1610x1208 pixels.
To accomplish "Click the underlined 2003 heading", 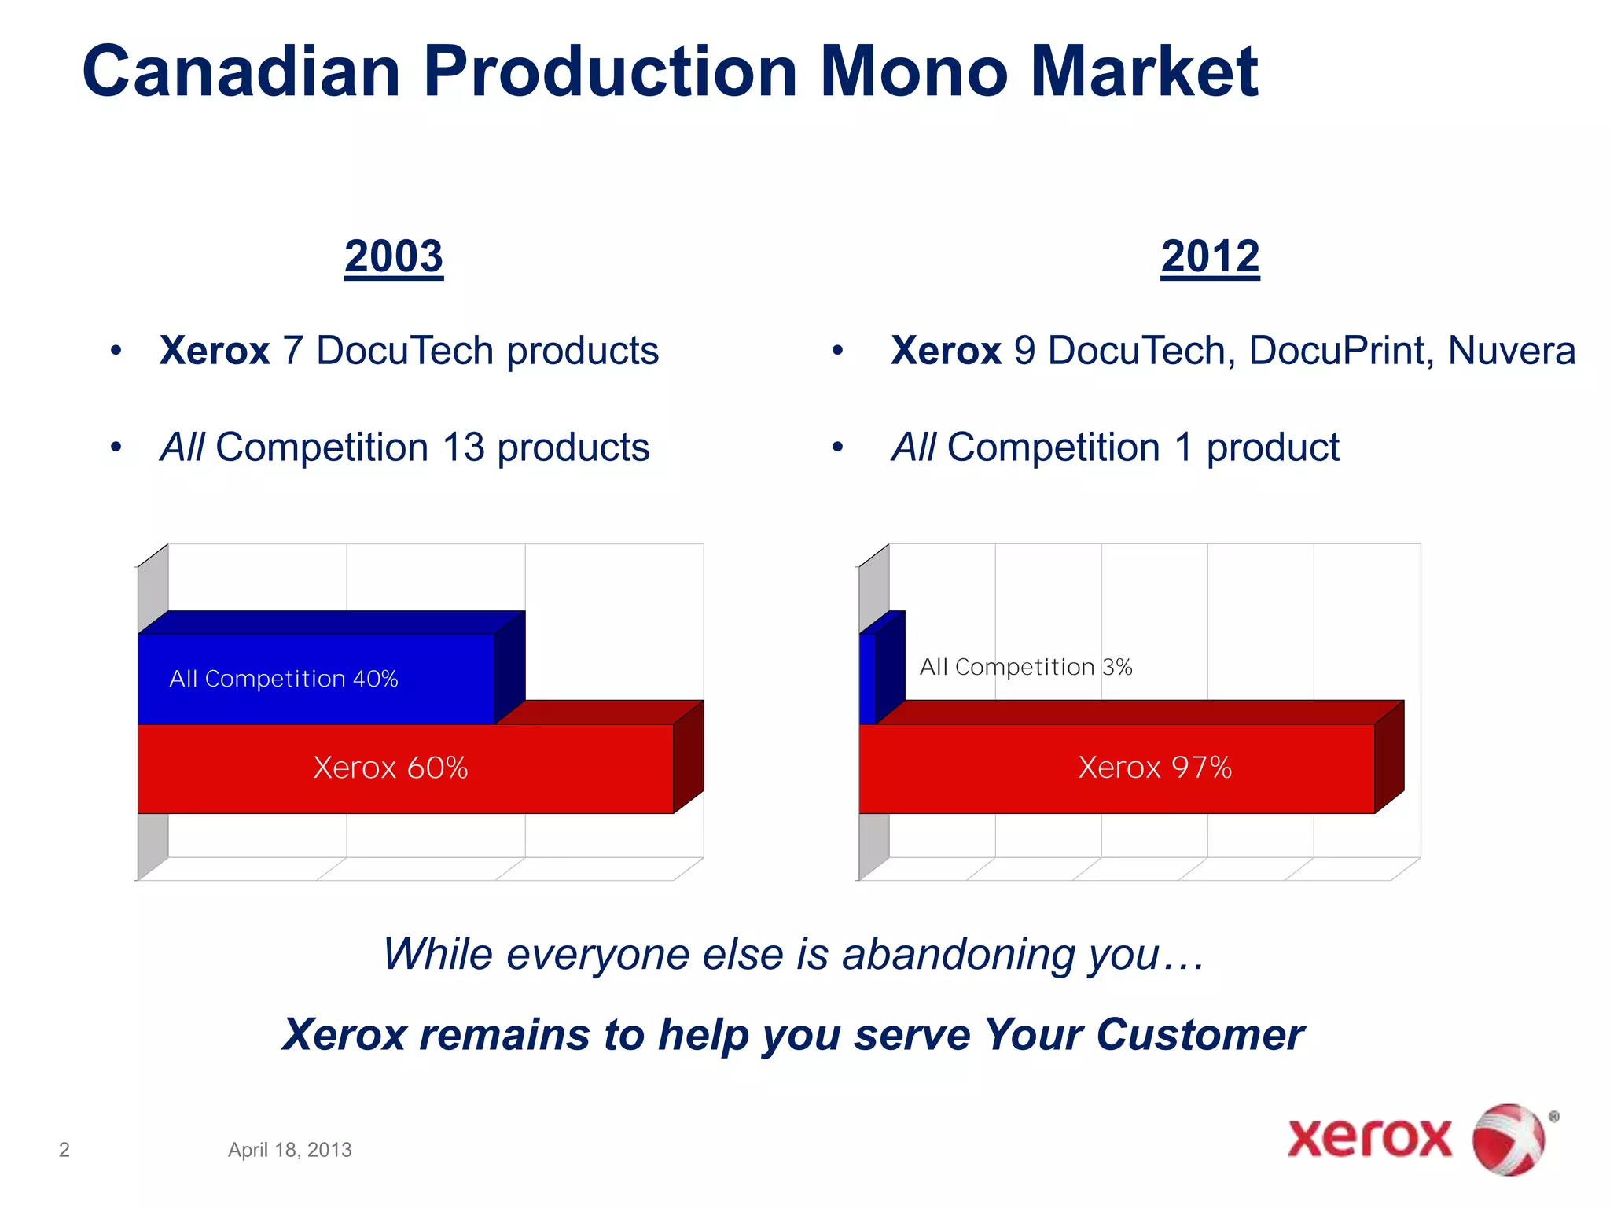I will point(394,256).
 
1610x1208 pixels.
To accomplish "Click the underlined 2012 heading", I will point(1210,256).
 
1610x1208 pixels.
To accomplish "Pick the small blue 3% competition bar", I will point(868,678).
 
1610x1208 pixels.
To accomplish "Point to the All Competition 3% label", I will point(1026,667).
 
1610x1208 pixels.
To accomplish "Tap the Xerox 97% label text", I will point(1155,767).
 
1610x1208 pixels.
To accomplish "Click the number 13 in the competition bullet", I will point(463,447).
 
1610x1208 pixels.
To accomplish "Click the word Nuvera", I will point(1511,351).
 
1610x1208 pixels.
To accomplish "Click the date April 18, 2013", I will point(289,1150).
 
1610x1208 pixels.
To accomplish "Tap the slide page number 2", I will point(64,1150).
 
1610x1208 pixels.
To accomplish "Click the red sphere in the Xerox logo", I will point(1507,1140).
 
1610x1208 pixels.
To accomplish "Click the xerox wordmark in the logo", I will point(1369,1138).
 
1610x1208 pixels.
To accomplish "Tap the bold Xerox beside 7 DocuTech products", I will point(214,351).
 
